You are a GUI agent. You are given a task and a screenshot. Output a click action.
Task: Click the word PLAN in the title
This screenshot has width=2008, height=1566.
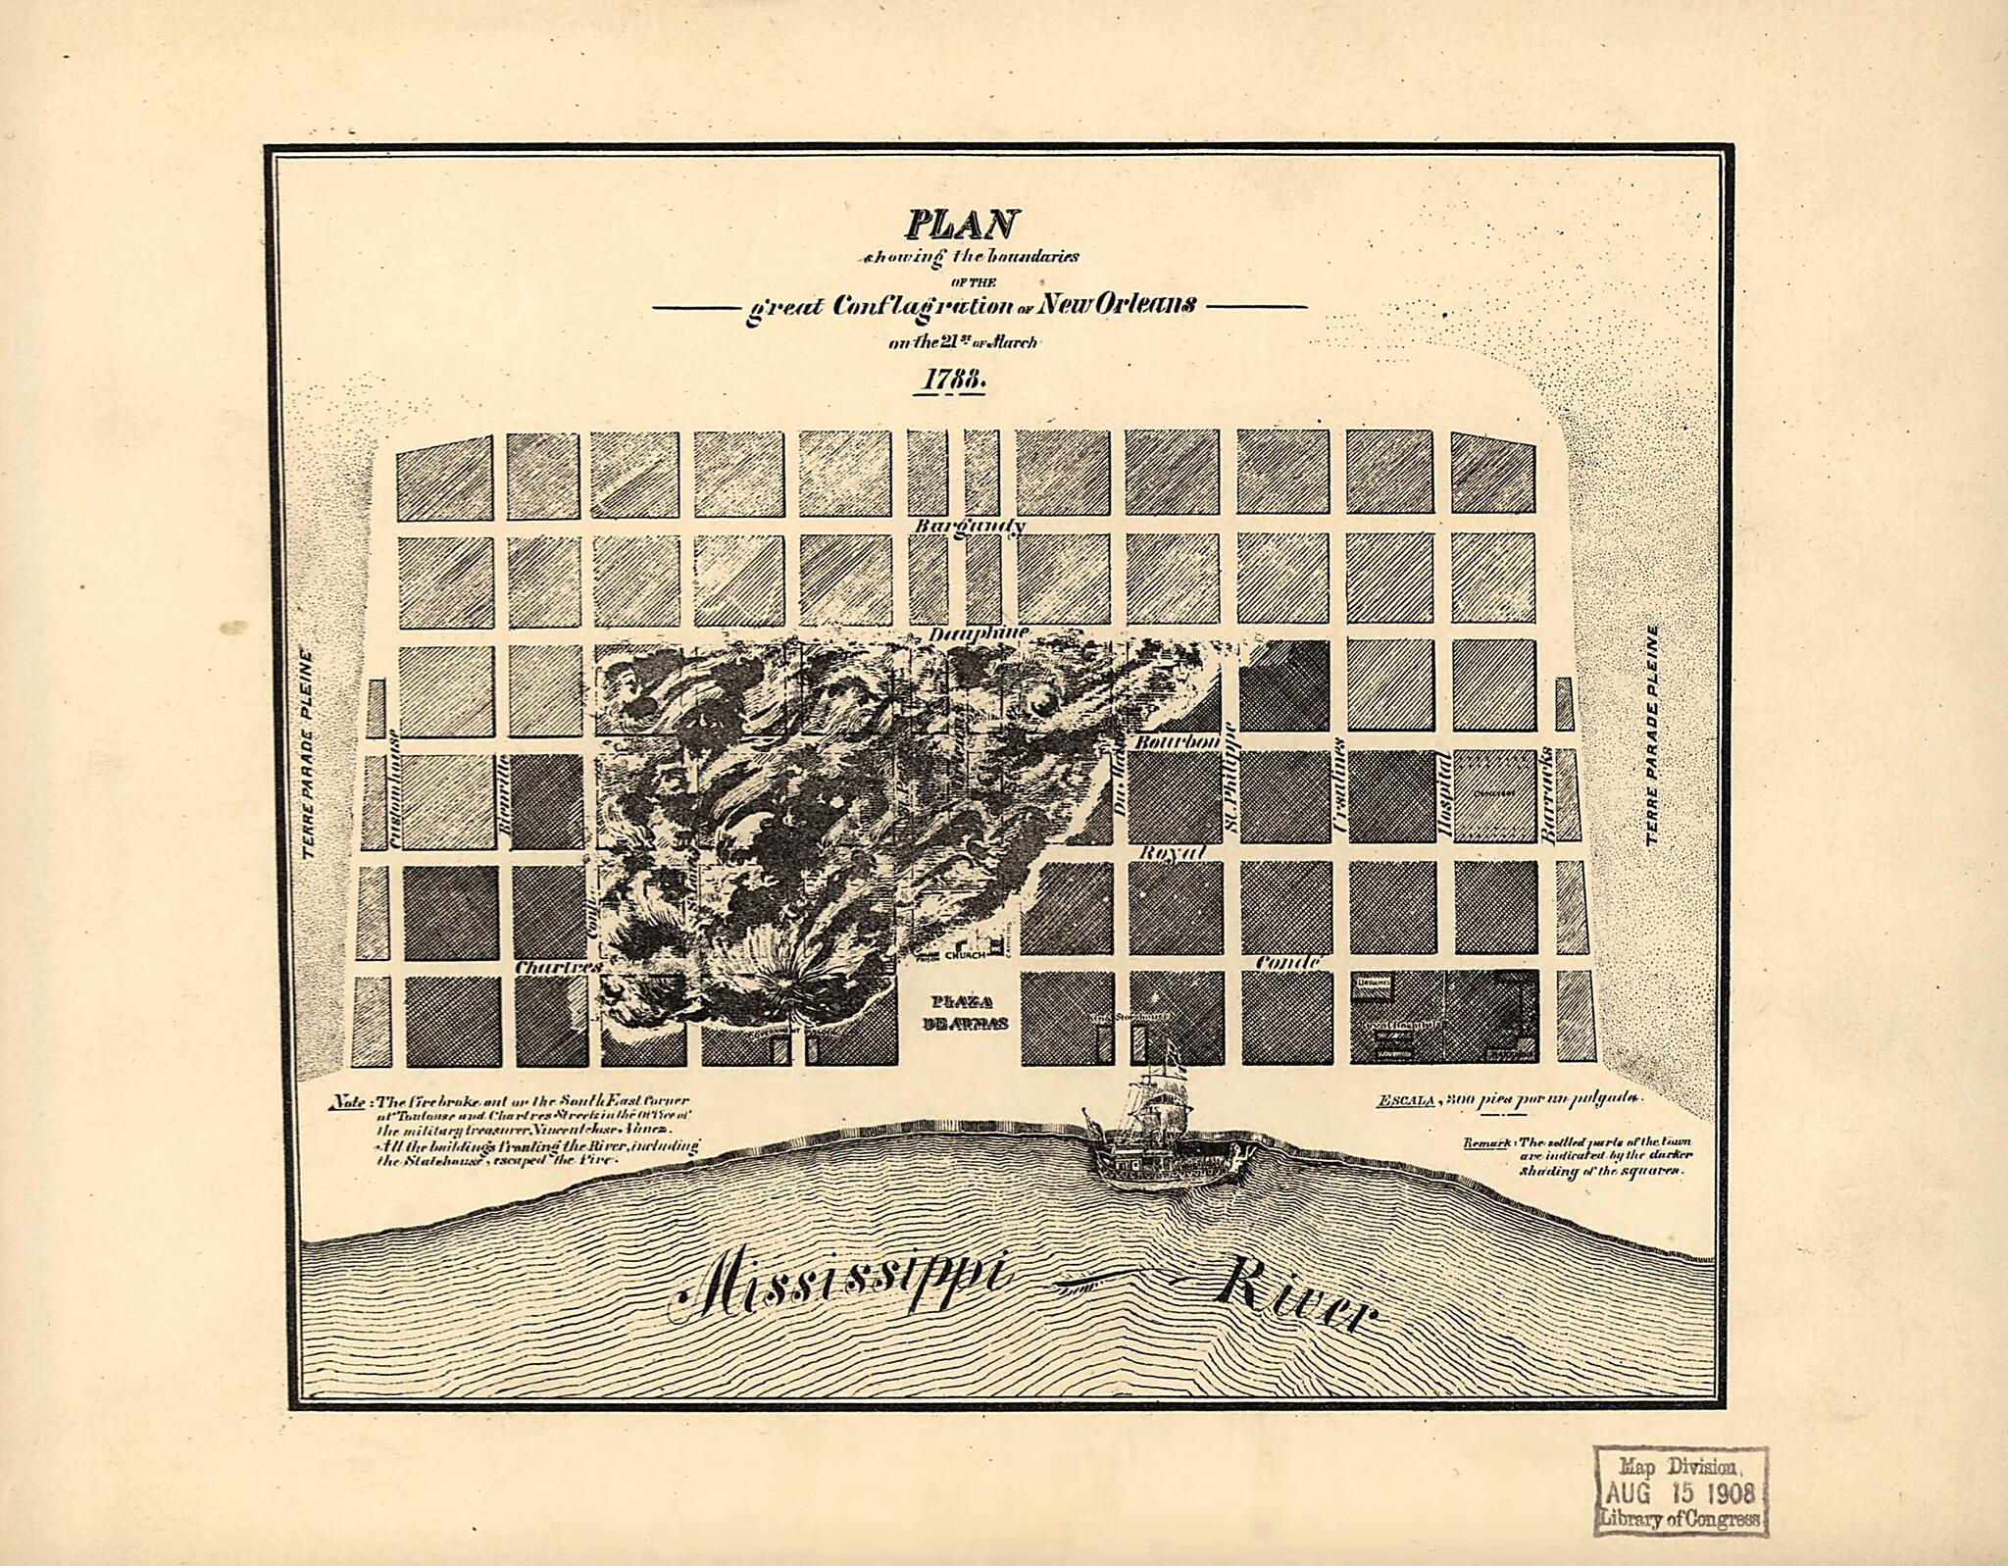coord(960,225)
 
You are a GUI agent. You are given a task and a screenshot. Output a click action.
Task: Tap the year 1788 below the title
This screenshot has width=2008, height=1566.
coord(948,380)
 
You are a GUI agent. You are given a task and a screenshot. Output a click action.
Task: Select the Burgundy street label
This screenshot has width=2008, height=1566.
coord(970,527)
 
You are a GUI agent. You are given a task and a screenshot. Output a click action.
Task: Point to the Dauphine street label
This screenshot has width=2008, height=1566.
coord(979,634)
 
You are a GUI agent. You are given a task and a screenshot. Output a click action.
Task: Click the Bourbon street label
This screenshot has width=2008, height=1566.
coord(1177,742)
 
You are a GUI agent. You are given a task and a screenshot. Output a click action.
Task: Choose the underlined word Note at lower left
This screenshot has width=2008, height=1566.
coord(349,1100)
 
